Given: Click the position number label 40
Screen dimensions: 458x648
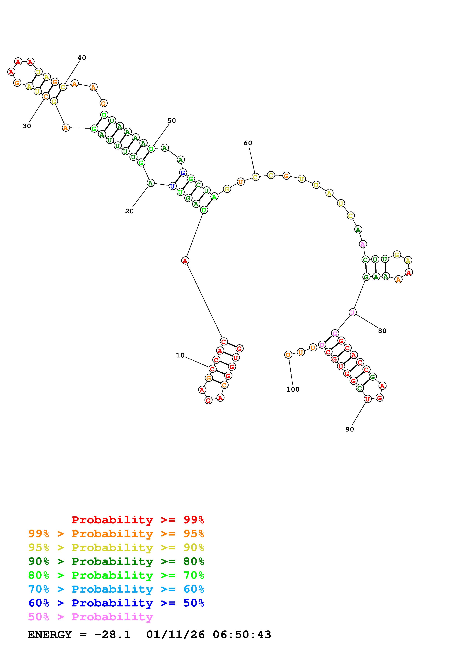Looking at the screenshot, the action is tap(82, 58).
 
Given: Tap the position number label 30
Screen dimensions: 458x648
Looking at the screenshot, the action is tap(27, 126).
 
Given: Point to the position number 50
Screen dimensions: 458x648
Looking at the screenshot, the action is tap(172, 121).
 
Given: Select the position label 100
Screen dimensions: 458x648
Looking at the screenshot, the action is tap(293, 389).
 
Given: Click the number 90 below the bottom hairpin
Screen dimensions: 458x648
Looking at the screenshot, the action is tap(350, 429).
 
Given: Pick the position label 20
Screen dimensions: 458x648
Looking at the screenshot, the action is tap(129, 211).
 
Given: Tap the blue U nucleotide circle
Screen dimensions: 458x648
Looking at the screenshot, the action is tap(172, 186).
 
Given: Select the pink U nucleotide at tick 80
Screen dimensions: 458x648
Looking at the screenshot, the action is tap(352, 312).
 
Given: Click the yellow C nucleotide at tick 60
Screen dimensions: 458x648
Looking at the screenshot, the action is tap(255, 177).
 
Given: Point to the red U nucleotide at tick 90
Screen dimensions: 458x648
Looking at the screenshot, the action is tap(367, 399).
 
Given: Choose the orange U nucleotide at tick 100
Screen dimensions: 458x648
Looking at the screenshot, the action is tap(288, 355).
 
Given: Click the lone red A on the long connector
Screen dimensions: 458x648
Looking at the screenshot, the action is tap(185, 260).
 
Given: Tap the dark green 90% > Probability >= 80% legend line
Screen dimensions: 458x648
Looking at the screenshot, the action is tap(116, 561).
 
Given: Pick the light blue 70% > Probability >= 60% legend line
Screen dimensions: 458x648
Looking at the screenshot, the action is tap(116, 589).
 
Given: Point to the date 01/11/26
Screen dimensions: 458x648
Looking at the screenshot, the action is tap(176, 635).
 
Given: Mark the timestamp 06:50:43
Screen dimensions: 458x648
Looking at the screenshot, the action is tap(242, 635).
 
